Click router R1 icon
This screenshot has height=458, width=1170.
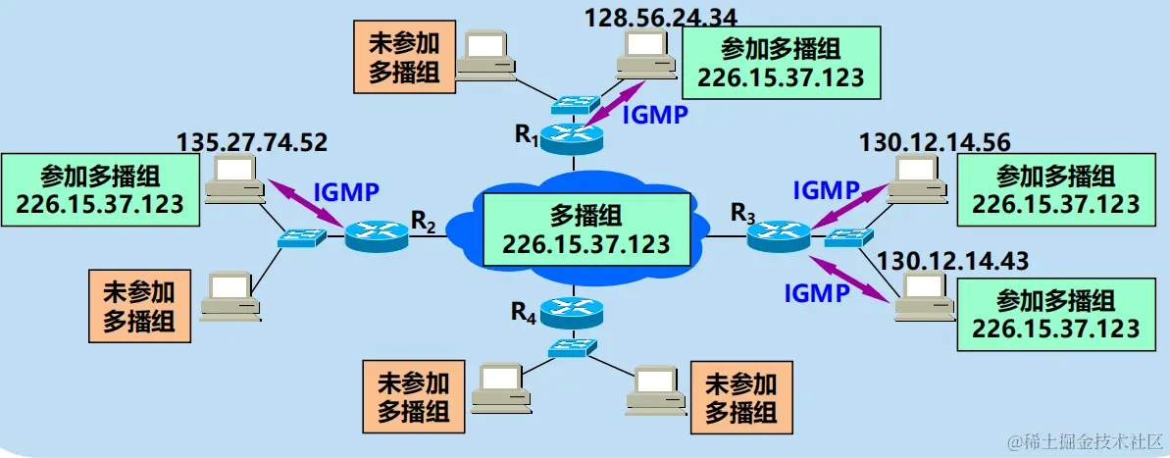[572, 136]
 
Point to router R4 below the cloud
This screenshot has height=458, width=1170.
[572, 313]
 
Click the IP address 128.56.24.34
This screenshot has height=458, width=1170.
[660, 16]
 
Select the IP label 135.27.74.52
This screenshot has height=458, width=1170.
[252, 142]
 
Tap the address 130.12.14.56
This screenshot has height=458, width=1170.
[935, 142]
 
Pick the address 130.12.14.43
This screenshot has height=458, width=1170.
[953, 262]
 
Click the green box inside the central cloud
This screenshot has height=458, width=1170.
[587, 229]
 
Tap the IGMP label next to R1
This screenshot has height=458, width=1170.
[655, 114]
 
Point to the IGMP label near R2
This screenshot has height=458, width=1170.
[345, 190]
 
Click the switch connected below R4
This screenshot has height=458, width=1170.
[570, 346]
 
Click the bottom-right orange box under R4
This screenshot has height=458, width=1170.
[741, 395]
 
